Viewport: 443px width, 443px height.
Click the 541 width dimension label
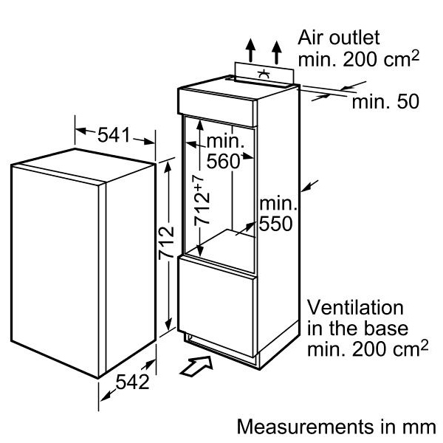[114, 135]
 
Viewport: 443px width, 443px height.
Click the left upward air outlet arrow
[252, 49]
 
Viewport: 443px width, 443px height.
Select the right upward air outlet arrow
[277, 49]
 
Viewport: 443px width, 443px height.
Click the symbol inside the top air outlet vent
[264, 74]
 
